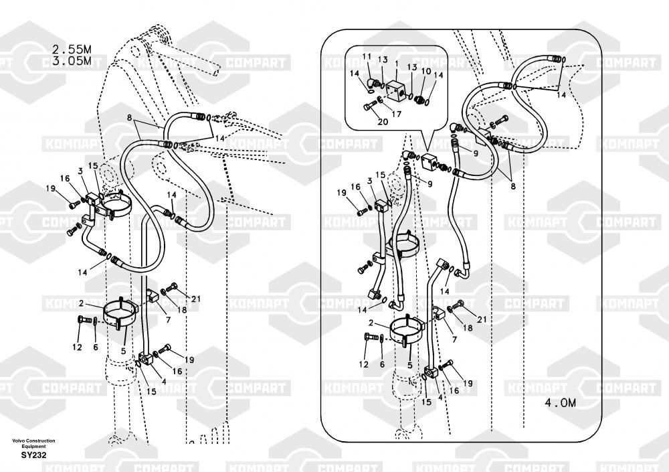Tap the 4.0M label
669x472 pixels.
point(560,403)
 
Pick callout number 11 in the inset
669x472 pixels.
point(367,56)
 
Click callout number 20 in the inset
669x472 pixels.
point(383,121)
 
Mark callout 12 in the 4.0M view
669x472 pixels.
point(363,364)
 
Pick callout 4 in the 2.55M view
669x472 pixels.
point(163,382)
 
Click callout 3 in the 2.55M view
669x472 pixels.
point(80,171)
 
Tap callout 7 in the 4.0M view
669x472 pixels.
point(455,339)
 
